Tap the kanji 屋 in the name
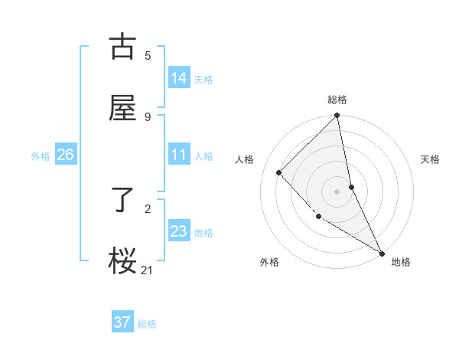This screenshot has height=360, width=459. pyautogui.click(x=122, y=108)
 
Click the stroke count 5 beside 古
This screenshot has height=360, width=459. pyautogui.click(x=148, y=55)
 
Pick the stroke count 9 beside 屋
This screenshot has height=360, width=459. pyautogui.click(x=148, y=116)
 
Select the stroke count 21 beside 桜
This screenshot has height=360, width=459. pyautogui.click(x=148, y=270)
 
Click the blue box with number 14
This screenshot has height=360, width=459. pyautogui.click(x=179, y=78)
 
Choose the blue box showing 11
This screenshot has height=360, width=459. pyautogui.click(x=179, y=155)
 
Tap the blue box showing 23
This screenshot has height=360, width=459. pyautogui.click(x=179, y=231)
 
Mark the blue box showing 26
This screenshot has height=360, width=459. pyautogui.click(x=66, y=155)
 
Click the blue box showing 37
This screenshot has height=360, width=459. pyautogui.click(x=122, y=322)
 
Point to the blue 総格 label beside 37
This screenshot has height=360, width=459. pyautogui.click(x=147, y=324)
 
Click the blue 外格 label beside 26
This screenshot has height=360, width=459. pyautogui.click(x=41, y=156)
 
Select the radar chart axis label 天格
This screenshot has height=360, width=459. pyautogui.click(x=431, y=159)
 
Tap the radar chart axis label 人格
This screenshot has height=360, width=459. pyautogui.click(x=246, y=159)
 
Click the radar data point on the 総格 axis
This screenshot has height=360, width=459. pyautogui.click(x=337, y=116)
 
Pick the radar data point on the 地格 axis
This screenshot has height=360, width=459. pyautogui.click(x=382, y=253)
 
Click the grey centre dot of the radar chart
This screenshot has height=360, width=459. pyautogui.click(x=337, y=191)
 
